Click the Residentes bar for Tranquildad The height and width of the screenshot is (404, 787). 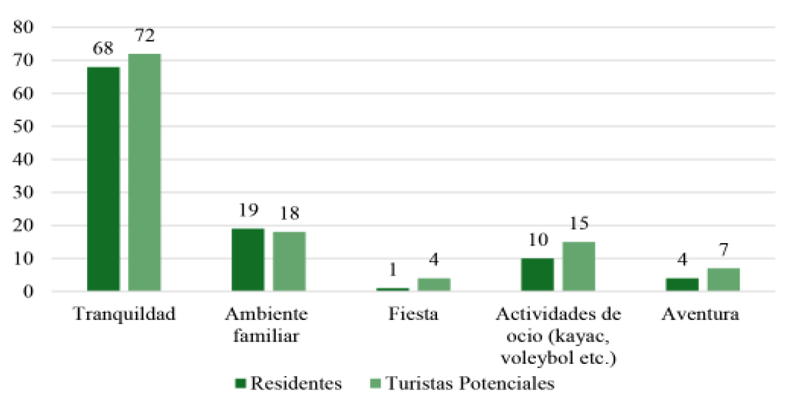103,179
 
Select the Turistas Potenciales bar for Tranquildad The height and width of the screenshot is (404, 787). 145,173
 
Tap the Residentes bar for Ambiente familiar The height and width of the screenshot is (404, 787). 248,260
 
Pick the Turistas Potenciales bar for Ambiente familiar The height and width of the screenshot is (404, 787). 289,261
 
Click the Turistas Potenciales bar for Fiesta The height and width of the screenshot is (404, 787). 434,285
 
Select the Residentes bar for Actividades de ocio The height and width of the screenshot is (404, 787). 537,275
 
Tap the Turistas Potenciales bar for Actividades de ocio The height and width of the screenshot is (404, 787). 579,267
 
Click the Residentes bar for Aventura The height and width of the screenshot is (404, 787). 682,285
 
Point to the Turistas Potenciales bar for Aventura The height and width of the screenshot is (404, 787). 723,280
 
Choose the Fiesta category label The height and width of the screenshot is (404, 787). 413,314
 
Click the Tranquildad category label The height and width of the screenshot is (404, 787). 124,314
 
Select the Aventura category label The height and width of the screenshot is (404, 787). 700,314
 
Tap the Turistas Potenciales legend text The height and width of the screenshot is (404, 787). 470,384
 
